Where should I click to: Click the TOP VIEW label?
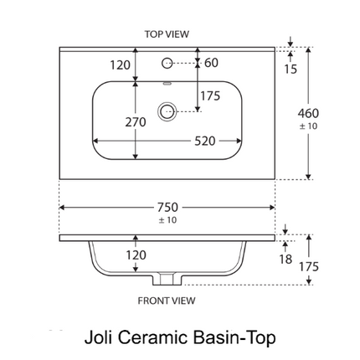167,34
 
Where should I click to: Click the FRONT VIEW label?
167,301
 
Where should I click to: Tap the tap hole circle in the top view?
167,63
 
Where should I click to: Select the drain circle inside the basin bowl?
167,111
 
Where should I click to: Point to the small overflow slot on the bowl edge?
167,83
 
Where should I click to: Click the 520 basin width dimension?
205,141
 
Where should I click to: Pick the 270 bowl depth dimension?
136,122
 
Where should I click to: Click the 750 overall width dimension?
167,208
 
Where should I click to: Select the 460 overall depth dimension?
308,113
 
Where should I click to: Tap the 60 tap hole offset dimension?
211,63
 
